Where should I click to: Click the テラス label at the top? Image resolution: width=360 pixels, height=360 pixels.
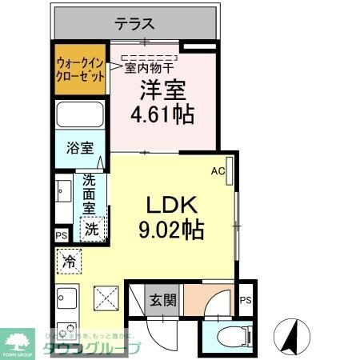click(134, 24)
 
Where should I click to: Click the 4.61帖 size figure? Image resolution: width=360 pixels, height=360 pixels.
click(162, 114)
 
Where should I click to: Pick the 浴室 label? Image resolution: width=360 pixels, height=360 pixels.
click(80, 149)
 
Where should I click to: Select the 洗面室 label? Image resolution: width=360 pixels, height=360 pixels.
click(90, 194)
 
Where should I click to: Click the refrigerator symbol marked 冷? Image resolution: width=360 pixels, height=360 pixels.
click(70, 261)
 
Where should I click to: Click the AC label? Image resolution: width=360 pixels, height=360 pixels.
click(217, 170)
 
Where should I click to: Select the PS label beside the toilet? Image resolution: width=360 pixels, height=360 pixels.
click(246, 300)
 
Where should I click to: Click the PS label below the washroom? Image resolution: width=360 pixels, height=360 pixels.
click(62, 235)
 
